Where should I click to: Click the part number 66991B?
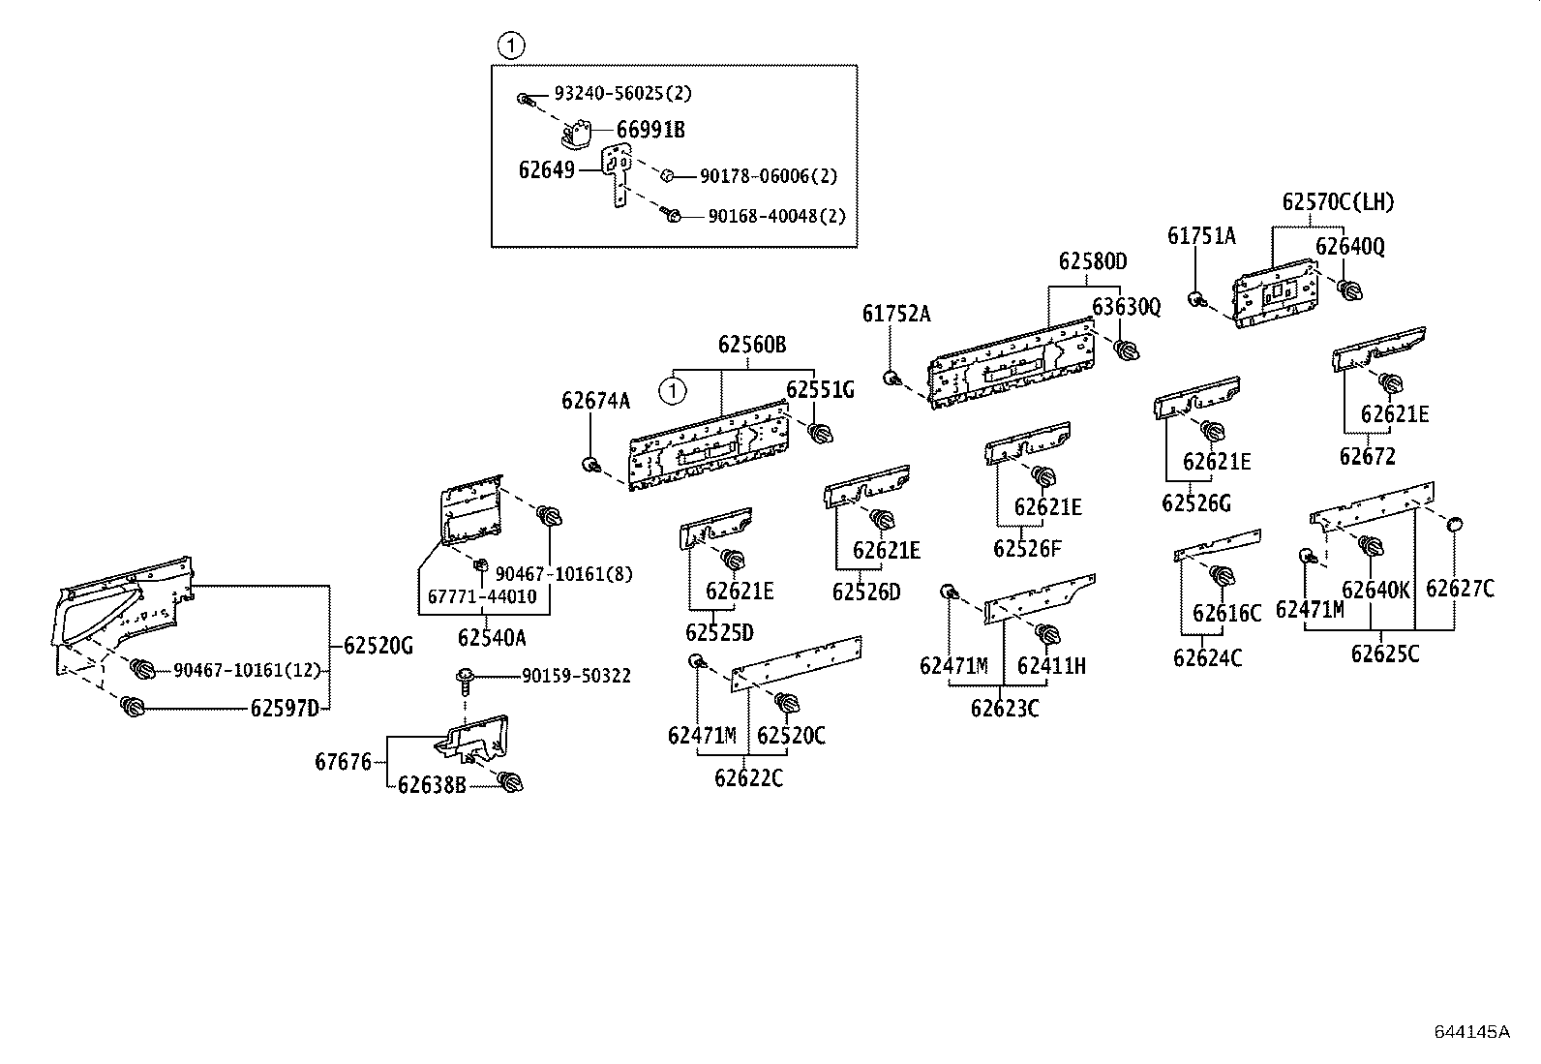[x=650, y=130]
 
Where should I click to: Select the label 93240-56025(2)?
[x=622, y=94]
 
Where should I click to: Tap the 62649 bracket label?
[x=547, y=170]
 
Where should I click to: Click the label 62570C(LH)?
[x=1339, y=202]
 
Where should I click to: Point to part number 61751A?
[x=1201, y=236]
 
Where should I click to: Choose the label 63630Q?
[x=1126, y=307]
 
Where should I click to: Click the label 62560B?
[x=752, y=346]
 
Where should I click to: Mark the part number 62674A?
[x=595, y=401]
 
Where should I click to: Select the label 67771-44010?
[x=481, y=597]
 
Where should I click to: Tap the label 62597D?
[x=284, y=709]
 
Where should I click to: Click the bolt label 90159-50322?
[x=576, y=676]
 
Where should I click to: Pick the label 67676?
[x=343, y=763]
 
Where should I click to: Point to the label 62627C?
[x=1460, y=589]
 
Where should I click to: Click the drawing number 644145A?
[x=1471, y=1031]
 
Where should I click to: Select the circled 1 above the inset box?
[x=510, y=45]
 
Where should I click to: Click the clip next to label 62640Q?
[x=1349, y=288]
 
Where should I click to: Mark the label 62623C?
[x=1005, y=709]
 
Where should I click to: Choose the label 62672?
[x=1367, y=457]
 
